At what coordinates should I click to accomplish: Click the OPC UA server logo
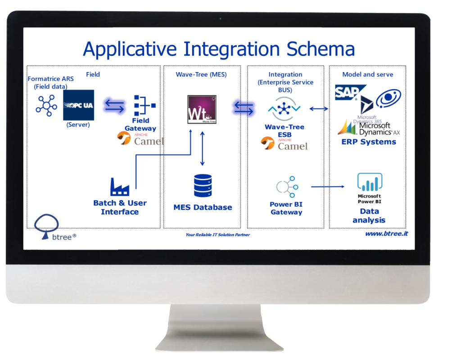click(78, 105)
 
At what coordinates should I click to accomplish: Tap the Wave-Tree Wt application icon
click(202, 109)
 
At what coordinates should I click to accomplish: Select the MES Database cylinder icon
click(203, 185)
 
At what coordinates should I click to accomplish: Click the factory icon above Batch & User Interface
click(120, 187)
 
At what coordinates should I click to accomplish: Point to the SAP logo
click(347, 93)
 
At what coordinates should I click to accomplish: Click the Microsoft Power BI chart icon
click(369, 182)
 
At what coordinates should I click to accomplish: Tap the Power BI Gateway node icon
click(286, 187)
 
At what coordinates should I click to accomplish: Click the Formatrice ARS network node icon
click(46, 105)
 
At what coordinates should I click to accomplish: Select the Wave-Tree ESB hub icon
click(284, 109)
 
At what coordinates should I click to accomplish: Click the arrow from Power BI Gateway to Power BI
click(328, 187)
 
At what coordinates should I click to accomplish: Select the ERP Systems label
click(368, 142)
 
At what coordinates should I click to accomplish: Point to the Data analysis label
click(369, 216)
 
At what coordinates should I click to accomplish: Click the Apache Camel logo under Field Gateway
click(140, 138)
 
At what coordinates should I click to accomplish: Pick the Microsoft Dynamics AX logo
click(369, 128)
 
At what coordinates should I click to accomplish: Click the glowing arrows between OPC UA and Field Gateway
click(114, 105)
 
